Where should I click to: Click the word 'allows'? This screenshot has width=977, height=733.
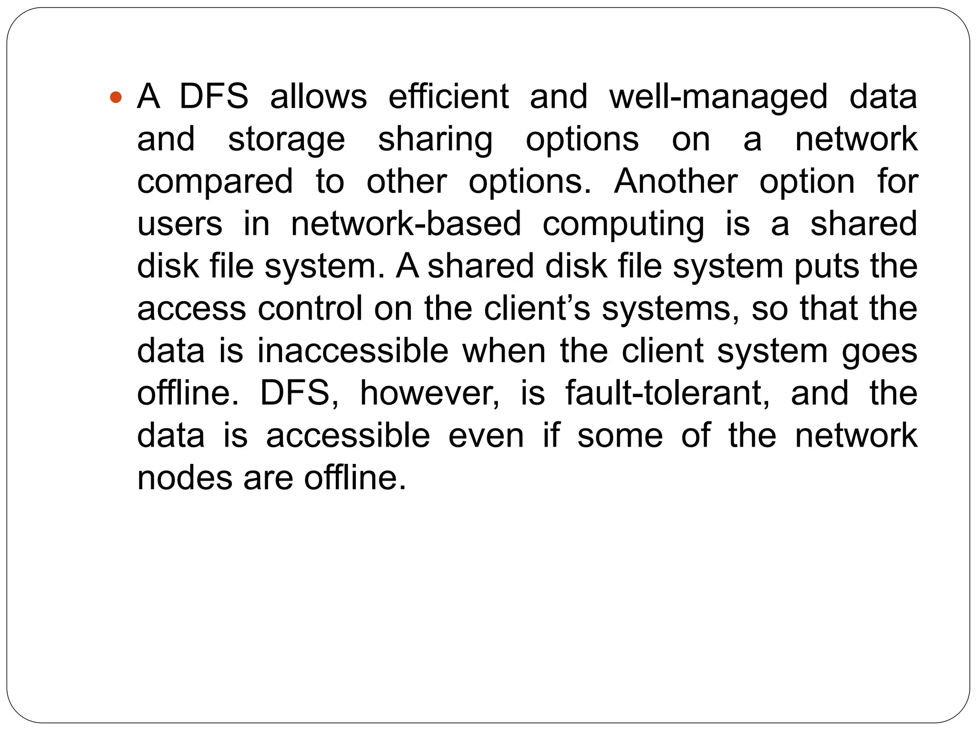click(x=319, y=97)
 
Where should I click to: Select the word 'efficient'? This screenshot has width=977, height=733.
click(x=448, y=97)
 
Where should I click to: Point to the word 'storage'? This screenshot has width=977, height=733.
click(x=286, y=140)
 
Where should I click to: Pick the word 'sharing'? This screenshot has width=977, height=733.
click(x=435, y=140)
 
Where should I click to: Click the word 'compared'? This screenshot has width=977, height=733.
click(x=215, y=182)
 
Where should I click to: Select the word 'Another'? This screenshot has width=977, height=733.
click(x=676, y=182)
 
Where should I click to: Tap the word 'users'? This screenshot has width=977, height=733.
click(x=180, y=224)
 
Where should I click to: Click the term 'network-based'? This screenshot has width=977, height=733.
click(x=406, y=224)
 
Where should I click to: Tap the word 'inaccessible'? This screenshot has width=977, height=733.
click(x=353, y=351)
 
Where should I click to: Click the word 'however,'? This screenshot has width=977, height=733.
click(x=430, y=394)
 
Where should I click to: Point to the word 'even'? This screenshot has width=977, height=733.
click(x=486, y=436)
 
